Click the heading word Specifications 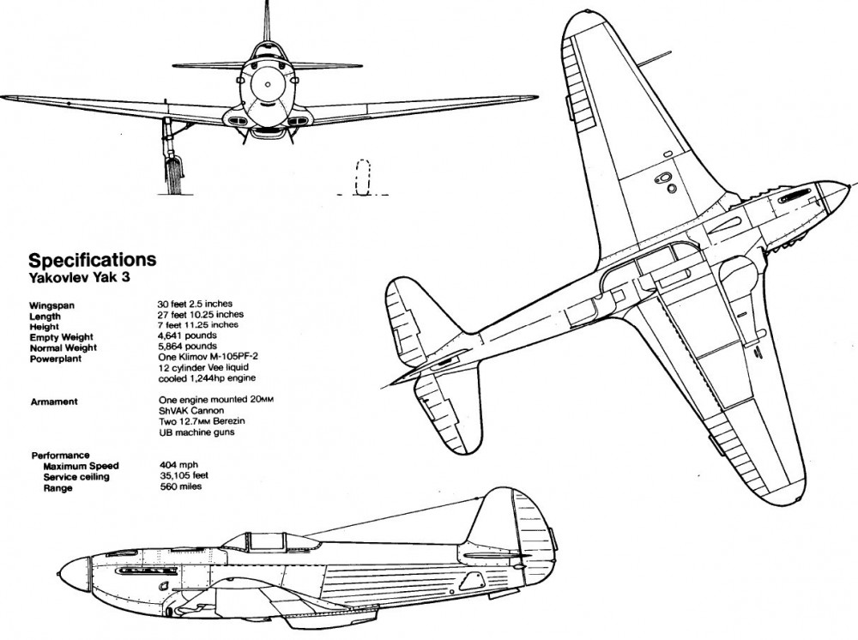click(x=93, y=259)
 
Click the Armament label click(x=53, y=401)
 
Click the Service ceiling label click(x=76, y=477)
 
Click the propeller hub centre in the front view click(x=267, y=85)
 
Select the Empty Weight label click(x=61, y=336)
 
